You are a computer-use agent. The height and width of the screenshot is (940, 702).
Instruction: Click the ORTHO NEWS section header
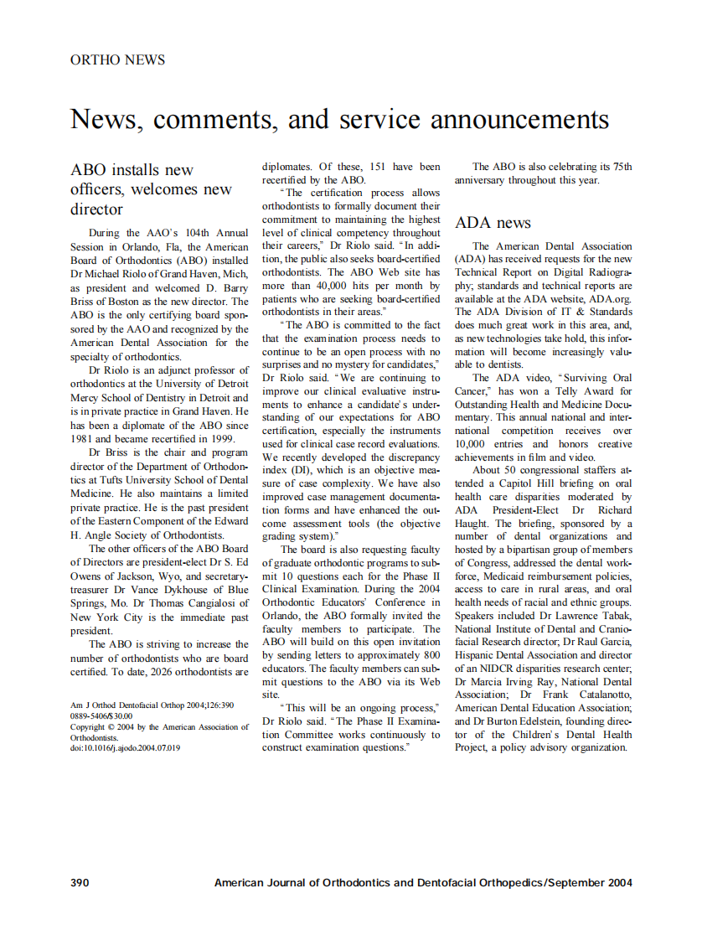tap(117, 60)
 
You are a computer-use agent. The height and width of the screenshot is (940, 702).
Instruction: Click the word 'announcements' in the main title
tap(519, 120)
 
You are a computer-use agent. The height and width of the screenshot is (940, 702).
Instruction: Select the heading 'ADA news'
tap(493, 223)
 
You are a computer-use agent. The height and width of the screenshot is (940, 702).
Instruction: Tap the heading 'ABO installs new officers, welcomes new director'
tap(151, 189)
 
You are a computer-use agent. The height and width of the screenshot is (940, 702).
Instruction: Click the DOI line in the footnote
tap(124, 748)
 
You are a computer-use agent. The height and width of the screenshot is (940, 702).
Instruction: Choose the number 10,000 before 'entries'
tap(474, 444)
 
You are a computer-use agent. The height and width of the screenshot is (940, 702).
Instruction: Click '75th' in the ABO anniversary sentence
tap(622, 167)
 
